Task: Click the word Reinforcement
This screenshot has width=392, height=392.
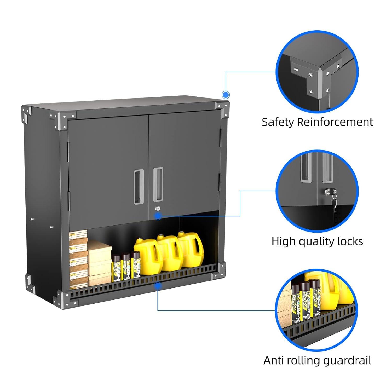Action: click(335, 122)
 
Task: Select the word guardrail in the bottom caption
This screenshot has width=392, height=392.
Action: click(347, 361)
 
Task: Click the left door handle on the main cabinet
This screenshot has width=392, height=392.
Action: click(139, 186)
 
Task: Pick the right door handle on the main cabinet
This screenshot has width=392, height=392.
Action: click(158, 185)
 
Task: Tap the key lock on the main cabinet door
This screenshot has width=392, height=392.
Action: click(157, 209)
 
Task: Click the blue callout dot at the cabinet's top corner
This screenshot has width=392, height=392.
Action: click(226, 95)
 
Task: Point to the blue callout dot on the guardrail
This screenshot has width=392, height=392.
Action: click(158, 286)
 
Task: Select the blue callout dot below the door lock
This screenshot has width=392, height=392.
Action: click(158, 216)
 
